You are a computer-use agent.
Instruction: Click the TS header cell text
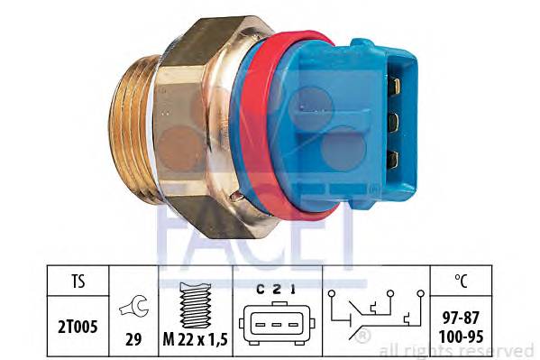coord(78,281)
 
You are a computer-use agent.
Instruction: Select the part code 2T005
coord(78,327)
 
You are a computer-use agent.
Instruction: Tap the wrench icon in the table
coord(134,307)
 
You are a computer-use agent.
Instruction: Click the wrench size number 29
coord(133,339)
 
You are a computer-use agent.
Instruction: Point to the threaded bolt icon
coord(196,305)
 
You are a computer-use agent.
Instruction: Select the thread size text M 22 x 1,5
coord(196,340)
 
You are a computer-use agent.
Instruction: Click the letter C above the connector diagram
coord(261,290)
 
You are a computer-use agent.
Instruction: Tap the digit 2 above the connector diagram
coord(277,290)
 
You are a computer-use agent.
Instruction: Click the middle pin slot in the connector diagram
coord(277,325)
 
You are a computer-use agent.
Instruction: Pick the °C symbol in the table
coord(462,281)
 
